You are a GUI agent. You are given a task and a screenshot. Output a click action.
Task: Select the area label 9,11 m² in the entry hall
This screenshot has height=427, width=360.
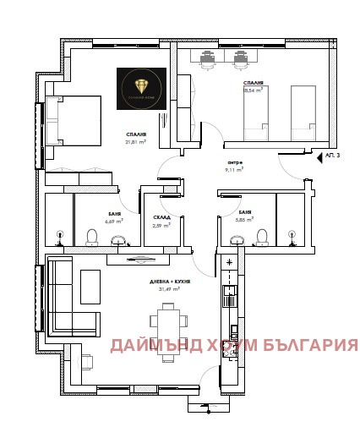234,170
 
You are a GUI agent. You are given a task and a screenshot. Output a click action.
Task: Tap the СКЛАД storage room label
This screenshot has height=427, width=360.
161,217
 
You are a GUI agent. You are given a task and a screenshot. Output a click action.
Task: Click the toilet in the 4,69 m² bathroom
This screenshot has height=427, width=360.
92,235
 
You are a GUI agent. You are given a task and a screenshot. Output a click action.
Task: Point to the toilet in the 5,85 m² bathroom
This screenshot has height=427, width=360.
263,235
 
